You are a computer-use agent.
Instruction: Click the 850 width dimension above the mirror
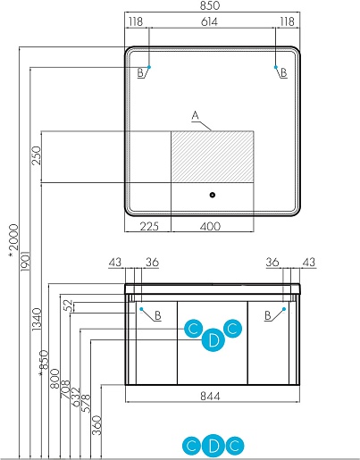(210, 5)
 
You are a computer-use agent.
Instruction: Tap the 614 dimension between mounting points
(210, 21)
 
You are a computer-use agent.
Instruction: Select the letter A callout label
(195, 115)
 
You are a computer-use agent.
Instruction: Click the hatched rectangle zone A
(213, 156)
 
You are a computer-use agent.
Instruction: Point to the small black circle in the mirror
(213, 195)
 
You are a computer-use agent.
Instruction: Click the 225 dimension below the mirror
(149, 226)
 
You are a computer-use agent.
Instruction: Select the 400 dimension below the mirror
(210, 226)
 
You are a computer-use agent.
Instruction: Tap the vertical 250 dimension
(36, 155)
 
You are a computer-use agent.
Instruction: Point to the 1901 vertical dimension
(25, 261)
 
